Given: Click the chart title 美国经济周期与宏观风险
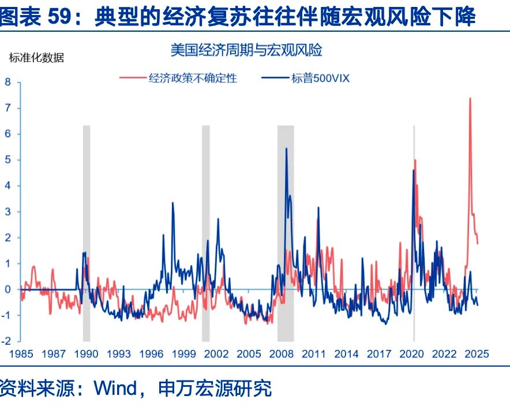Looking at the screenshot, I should (x=246, y=50).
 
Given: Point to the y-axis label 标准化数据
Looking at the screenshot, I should (x=36, y=57).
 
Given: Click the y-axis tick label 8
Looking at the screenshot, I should (x=8, y=82).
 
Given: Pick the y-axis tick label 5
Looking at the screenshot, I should (x=8, y=160).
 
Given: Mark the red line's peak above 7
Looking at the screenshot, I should (x=470, y=99).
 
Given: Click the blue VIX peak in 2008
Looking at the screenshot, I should (x=287, y=149).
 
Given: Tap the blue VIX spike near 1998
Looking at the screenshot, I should (x=172, y=203).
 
